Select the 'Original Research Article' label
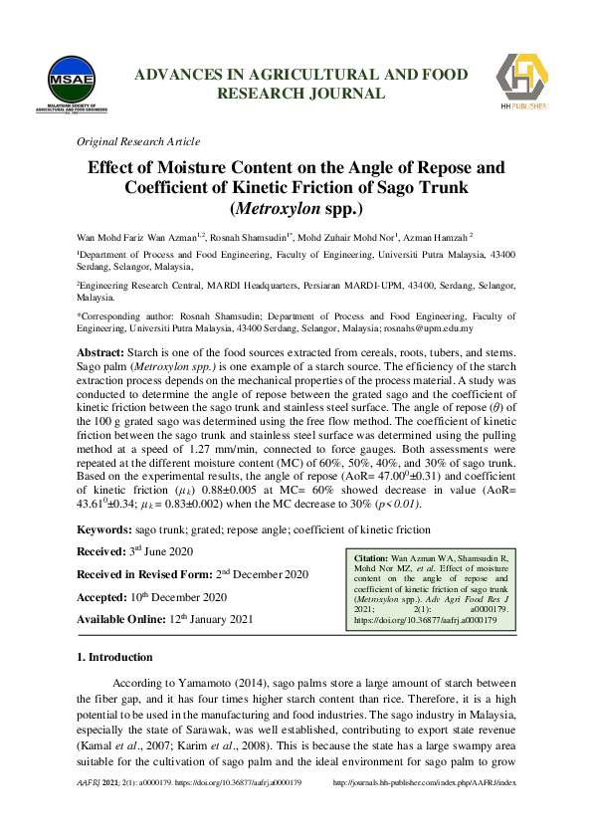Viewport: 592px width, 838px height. [138, 141]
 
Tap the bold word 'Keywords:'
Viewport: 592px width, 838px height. [104, 531]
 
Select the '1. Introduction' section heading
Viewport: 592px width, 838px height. [114, 658]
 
